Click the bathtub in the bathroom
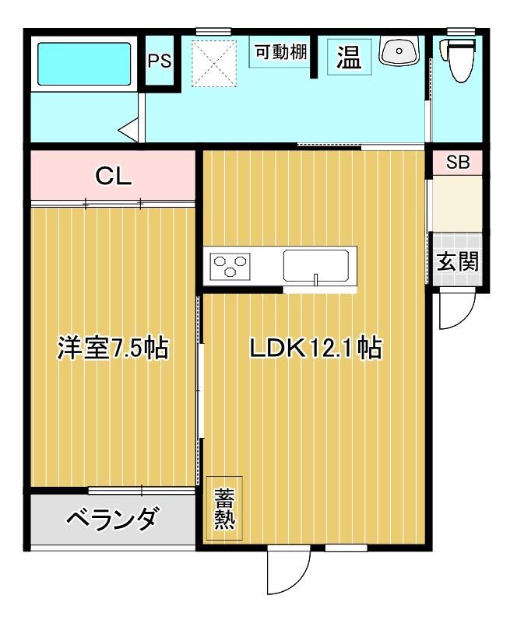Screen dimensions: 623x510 85,65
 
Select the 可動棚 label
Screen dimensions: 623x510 281,53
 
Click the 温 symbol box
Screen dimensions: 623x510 349,57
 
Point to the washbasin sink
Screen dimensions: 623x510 399,52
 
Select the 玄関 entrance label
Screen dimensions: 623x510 457,262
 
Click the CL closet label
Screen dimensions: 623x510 113,177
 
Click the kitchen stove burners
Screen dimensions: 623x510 230,265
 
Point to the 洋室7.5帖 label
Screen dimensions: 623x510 113,348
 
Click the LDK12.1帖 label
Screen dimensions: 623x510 315,348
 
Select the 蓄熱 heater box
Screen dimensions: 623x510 224,509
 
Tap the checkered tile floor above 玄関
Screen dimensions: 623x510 457,243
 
